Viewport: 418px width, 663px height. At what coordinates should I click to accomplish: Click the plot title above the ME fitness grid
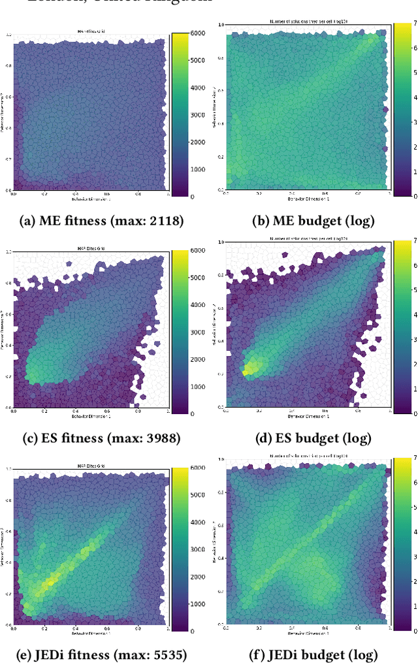[x=89, y=29]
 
